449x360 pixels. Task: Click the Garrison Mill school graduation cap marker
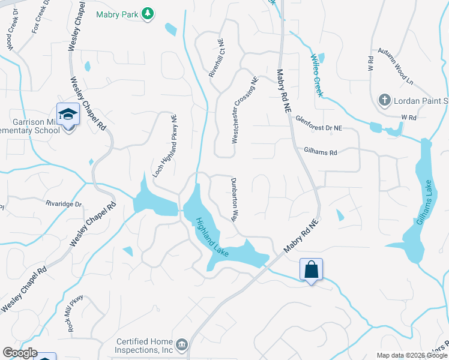tap(68, 113)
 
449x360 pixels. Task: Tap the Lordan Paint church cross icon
tap(385, 100)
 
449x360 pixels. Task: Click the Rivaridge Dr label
tap(64, 203)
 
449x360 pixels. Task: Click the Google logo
tap(20, 353)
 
